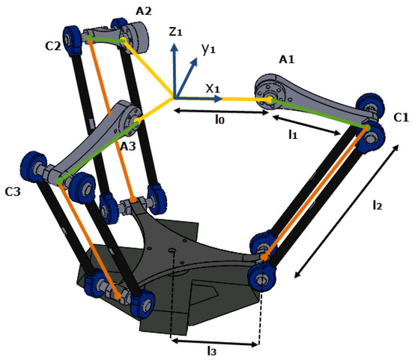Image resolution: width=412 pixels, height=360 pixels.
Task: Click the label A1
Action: [x=286, y=60]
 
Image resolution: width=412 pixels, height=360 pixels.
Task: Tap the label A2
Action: [x=144, y=11]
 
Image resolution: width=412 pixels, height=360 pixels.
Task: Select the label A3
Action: [x=128, y=146]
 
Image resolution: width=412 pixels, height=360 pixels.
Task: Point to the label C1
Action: [x=402, y=118]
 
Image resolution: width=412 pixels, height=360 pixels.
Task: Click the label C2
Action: [x=53, y=46]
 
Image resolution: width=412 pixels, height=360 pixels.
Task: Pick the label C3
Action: [x=13, y=192]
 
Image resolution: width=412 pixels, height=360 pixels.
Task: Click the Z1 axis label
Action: [x=175, y=31]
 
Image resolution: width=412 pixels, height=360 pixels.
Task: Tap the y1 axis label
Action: [x=208, y=49]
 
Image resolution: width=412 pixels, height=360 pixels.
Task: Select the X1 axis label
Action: [x=212, y=89]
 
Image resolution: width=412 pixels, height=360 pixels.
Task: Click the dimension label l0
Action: [x=219, y=120]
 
